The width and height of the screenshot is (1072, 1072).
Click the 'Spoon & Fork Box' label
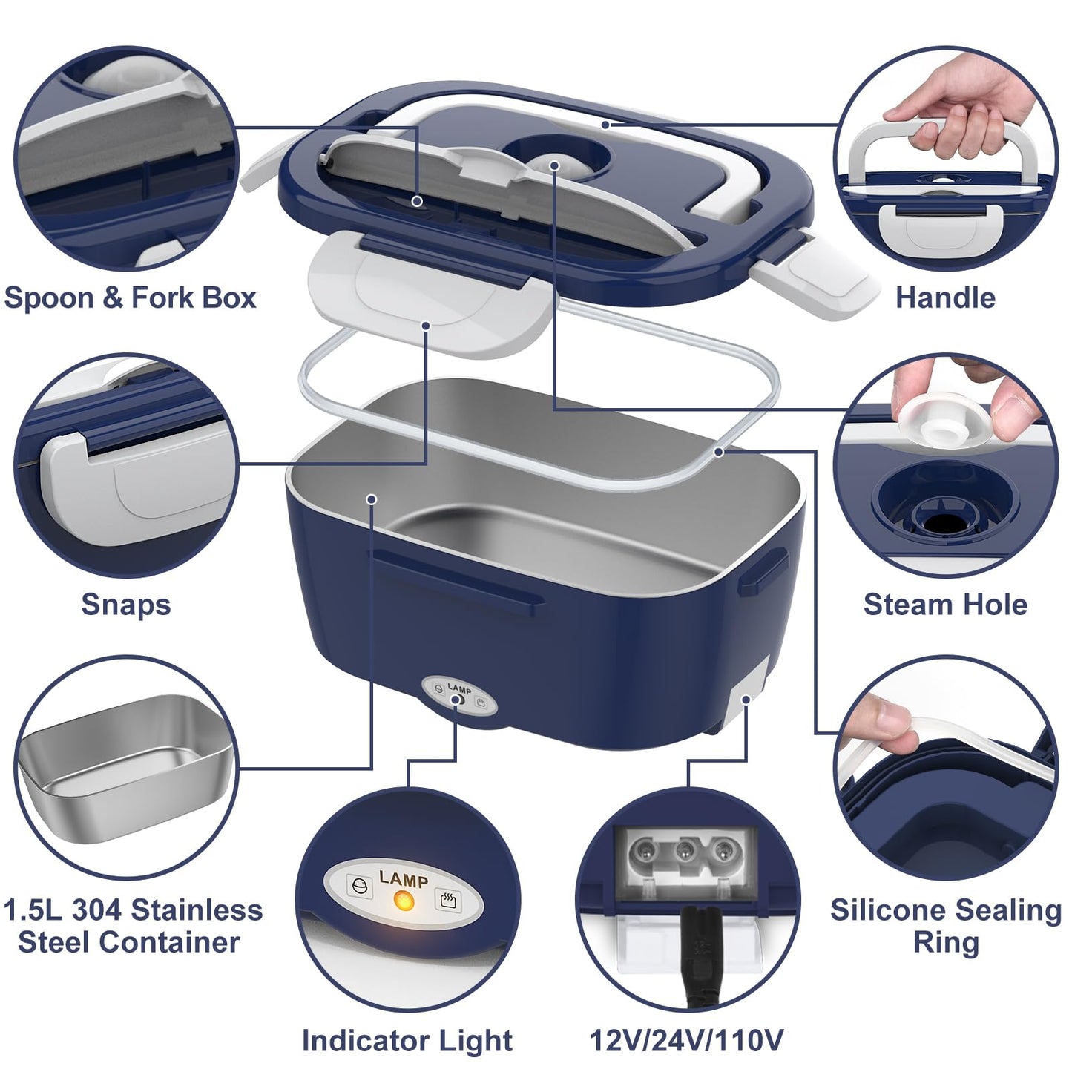pos(130,298)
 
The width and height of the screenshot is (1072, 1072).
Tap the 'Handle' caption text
pos(945,298)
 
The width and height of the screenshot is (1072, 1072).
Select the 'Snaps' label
pos(125,605)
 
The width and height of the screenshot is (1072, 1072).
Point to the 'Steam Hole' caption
pos(945,605)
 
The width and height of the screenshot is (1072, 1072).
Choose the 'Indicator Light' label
pos(407,1041)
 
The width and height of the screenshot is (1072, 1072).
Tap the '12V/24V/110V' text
pos(686,1041)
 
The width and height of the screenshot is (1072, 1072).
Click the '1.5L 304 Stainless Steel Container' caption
pos(132,926)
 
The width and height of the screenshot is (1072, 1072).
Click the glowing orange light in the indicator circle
pos(404,902)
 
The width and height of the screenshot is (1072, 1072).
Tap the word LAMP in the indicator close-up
pos(404,879)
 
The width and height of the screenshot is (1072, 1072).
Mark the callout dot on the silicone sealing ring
pos(718,451)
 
